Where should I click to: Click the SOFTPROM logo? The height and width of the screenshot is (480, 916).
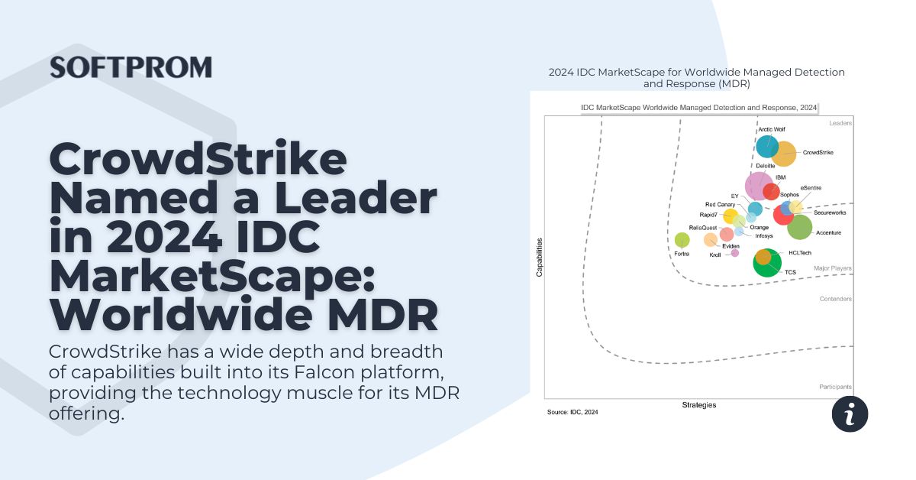[131, 67]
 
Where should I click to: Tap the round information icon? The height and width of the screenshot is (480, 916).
[850, 414]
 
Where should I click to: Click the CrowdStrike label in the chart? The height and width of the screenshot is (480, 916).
[818, 153]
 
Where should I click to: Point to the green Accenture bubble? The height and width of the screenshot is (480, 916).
[799, 227]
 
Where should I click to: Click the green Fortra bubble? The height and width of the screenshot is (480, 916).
[682, 240]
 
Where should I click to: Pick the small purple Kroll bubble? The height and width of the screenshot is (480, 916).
[735, 253]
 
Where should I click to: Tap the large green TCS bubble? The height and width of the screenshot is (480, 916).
[767, 264]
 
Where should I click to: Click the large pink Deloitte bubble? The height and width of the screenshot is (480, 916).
[759, 186]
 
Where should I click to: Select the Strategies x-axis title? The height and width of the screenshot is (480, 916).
[698, 405]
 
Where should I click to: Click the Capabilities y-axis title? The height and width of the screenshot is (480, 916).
[539, 257]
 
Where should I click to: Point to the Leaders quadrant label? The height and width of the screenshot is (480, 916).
[840, 123]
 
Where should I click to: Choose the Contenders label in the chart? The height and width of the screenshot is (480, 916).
[835, 299]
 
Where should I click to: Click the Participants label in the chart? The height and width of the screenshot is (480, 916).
[835, 387]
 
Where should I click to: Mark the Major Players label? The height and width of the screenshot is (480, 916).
[832, 269]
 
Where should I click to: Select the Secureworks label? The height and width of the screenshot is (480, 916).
[830, 213]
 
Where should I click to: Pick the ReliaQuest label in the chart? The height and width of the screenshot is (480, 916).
[702, 228]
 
